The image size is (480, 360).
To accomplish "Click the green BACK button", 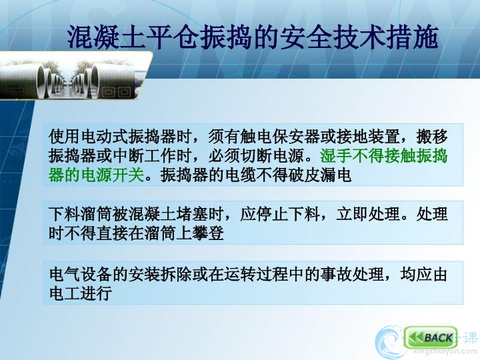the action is pyautogui.click(x=431, y=337).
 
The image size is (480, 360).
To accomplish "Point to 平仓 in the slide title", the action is pyautogui.click(x=173, y=37).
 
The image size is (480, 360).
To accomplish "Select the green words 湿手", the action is pyautogui.click(x=336, y=155).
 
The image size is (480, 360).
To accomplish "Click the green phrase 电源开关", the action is pyautogui.click(x=112, y=175).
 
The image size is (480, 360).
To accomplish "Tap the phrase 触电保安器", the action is pyautogui.click(x=280, y=136).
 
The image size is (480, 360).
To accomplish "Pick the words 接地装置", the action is pyautogui.click(x=367, y=136).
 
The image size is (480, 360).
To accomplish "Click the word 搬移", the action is pyautogui.click(x=431, y=136).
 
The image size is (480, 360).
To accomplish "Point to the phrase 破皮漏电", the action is pyautogui.click(x=320, y=175).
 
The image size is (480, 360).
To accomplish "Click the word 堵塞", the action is pyautogui.click(x=192, y=214).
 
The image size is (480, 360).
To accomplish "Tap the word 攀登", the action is pyautogui.click(x=208, y=233).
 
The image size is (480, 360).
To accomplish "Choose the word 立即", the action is pyautogui.click(x=352, y=214).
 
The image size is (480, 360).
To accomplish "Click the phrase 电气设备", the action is pyautogui.click(x=81, y=274).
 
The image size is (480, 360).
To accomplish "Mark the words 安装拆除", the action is pyautogui.click(x=161, y=274).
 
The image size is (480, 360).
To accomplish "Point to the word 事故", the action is pyautogui.click(x=336, y=274).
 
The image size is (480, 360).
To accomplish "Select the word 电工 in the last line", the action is pyautogui.click(x=65, y=293).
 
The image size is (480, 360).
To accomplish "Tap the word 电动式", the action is pyautogui.click(x=105, y=136).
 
